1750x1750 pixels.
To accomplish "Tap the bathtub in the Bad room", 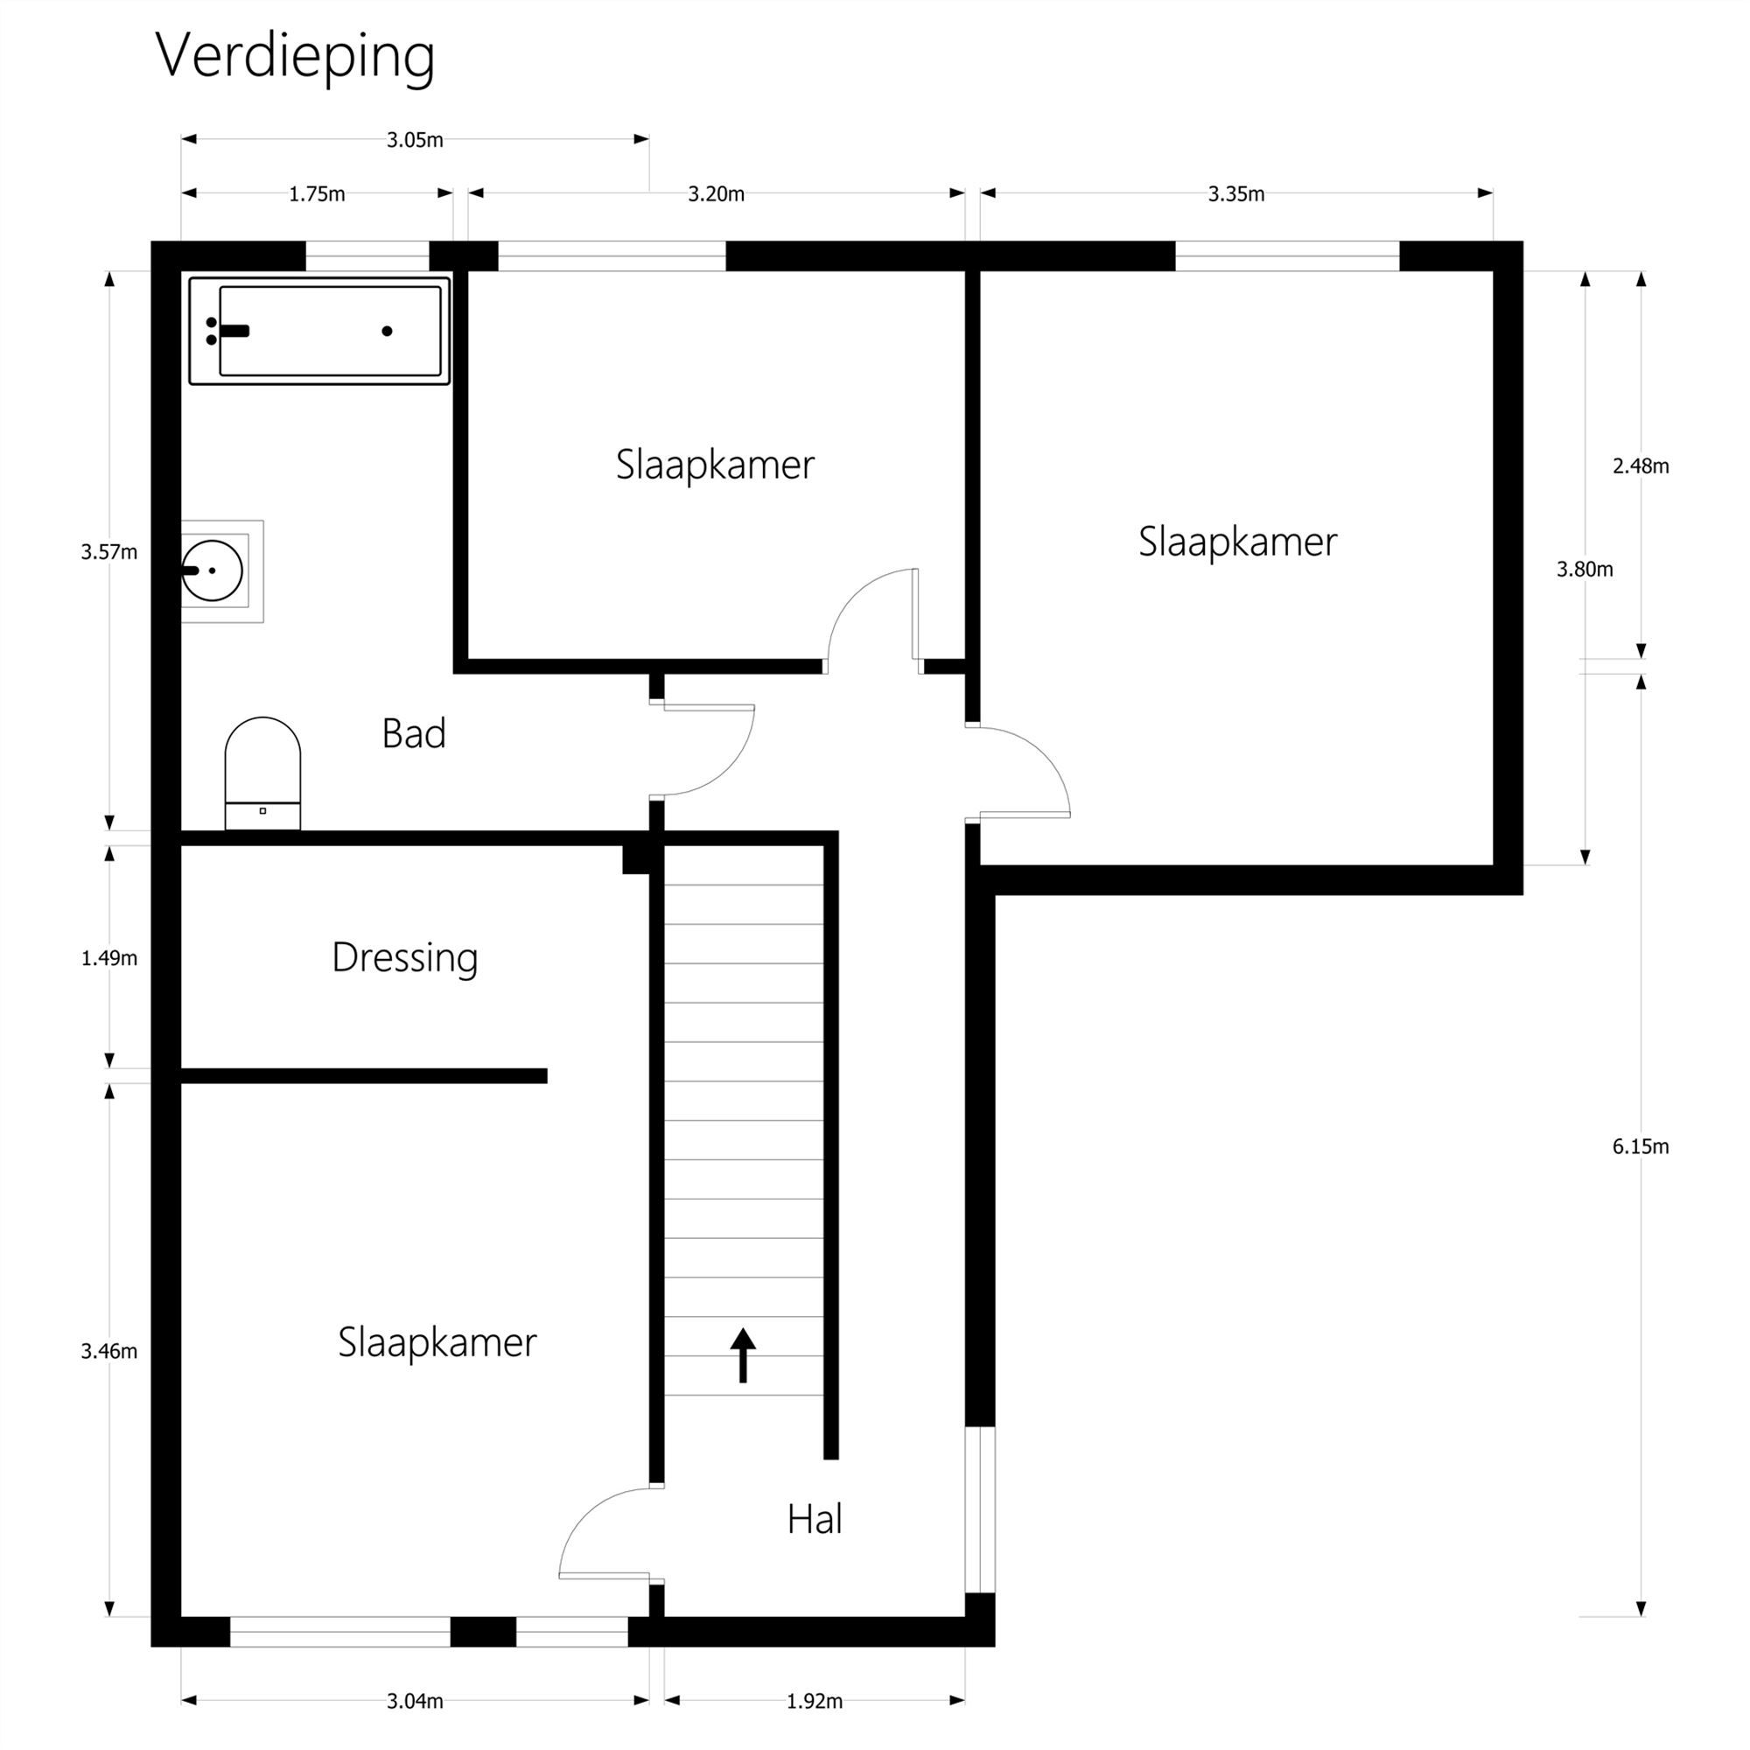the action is (x=318, y=331).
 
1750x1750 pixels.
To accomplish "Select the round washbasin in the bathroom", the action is (x=213, y=570).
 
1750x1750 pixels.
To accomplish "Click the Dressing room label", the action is (x=405, y=958).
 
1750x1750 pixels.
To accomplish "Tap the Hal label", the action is (x=815, y=1519).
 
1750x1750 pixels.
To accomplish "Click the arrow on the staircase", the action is (x=743, y=1355).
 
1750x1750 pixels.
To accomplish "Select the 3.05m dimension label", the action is (x=415, y=139).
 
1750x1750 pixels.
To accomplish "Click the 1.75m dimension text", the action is (x=317, y=194).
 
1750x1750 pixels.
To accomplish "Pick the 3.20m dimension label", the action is (x=716, y=194).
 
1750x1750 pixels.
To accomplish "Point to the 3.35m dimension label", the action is (x=1236, y=194).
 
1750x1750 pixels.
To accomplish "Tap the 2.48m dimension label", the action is (x=1641, y=465).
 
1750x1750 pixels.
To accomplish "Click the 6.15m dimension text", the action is (x=1641, y=1147).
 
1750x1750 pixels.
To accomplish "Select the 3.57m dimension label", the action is (x=108, y=551).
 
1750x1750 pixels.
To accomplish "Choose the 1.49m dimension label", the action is (x=108, y=957).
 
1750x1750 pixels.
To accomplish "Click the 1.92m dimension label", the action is (x=815, y=1701).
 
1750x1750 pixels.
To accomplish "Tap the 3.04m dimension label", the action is (x=415, y=1701).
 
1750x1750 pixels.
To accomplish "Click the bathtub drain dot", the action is (x=387, y=332).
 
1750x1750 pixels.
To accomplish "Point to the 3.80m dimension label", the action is (x=1585, y=569).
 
